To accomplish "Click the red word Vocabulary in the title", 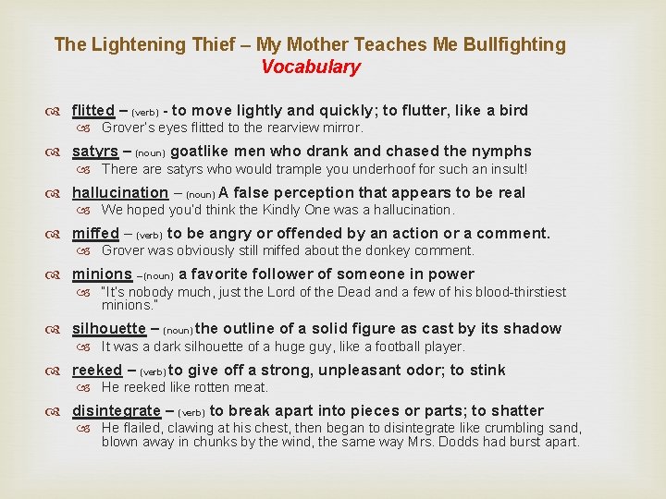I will tap(310, 67).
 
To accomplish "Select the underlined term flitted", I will tap(92, 111).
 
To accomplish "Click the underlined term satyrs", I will tap(95, 152).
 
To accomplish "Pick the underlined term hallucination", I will tap(120, 193).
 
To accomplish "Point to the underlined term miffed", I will tap(95, 234).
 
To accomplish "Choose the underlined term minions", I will tap(102, 274).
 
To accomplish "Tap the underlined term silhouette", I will tap(108, 329).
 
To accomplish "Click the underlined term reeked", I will tap(96, 371).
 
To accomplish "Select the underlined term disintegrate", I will tap(116, 411).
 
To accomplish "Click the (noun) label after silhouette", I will tap(178, 330).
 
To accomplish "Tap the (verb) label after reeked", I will tap(153, 371).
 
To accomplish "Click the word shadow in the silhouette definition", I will tap(536, 329).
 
